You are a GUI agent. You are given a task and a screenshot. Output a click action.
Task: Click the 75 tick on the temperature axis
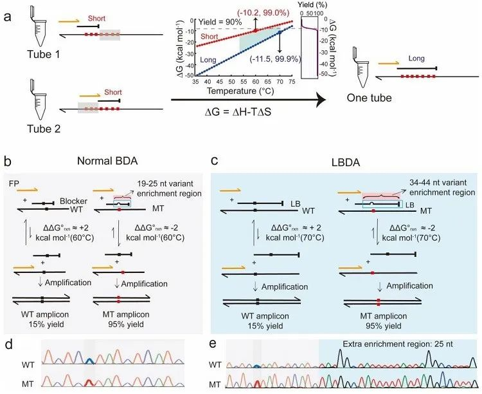pyautogui.click(x=293, y=82)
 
